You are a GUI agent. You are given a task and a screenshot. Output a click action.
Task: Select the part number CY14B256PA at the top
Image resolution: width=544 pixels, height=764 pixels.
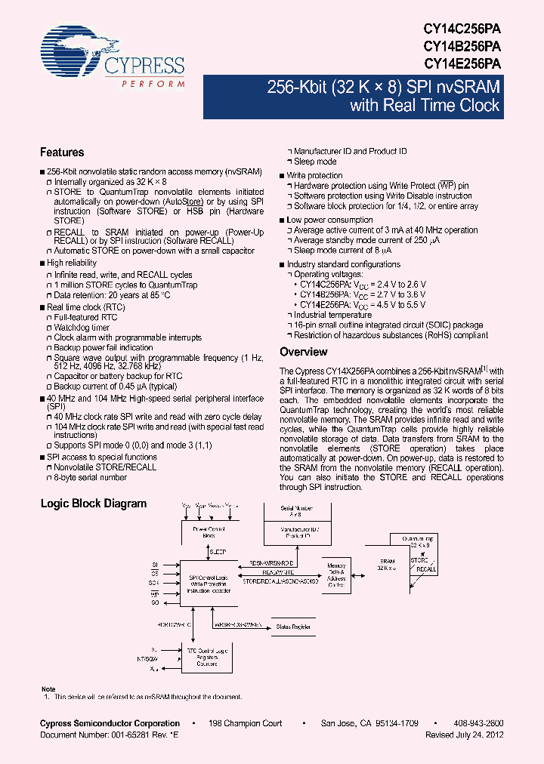point(462,45)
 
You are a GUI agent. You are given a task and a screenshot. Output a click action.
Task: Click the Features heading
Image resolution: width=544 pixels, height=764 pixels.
point(61,152)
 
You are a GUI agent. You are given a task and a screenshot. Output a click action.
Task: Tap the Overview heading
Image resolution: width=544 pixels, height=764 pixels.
point(303,352)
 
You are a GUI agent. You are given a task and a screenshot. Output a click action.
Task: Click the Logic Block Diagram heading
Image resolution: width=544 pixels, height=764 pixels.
point(93,504)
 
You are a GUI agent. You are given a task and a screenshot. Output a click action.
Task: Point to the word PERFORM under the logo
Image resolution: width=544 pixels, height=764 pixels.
point(153,83)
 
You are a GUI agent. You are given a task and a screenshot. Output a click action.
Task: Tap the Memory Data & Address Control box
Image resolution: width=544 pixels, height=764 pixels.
point(335,575)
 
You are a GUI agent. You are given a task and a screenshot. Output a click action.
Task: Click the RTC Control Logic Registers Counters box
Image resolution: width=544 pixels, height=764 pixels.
point(206,657)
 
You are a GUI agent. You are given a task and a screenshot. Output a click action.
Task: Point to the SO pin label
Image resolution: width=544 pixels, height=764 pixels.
point(155,604)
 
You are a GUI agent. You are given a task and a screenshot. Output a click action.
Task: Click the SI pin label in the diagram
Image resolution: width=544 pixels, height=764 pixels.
point(155,564)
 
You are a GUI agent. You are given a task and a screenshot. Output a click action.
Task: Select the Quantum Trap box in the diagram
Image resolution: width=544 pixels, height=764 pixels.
point(419,552)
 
